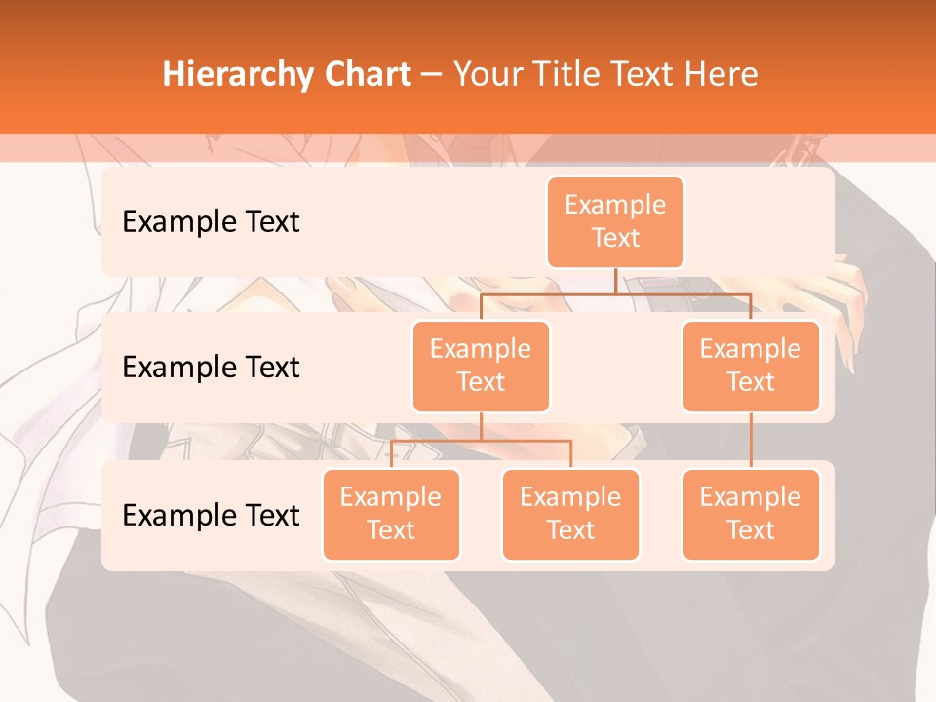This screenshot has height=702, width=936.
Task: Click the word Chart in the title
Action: (363, 75)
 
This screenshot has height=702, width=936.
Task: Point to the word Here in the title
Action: (721, 75)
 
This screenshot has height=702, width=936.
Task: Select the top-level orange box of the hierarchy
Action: (615, 222)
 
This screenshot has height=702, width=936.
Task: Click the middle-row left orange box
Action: (481, 366)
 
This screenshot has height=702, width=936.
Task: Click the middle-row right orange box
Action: (751, 366)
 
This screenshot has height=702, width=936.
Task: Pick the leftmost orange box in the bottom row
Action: (391, 514)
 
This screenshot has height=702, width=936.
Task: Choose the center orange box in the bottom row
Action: (570, 514)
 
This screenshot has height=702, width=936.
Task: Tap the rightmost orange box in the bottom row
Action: (751, 514)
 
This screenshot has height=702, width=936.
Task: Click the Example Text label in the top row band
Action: (211, 222)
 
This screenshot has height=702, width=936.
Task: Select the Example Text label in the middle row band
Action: (211, 368)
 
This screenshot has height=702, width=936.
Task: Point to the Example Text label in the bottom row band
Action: (211, 515)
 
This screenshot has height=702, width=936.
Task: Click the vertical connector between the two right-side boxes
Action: (751, 440)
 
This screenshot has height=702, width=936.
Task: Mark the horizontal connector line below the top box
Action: (615, 293)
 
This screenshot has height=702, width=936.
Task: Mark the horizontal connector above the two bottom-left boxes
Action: (481, 441)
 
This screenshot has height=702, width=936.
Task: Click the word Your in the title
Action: (486, 75)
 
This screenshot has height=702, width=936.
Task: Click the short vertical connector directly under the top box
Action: (615, 281)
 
